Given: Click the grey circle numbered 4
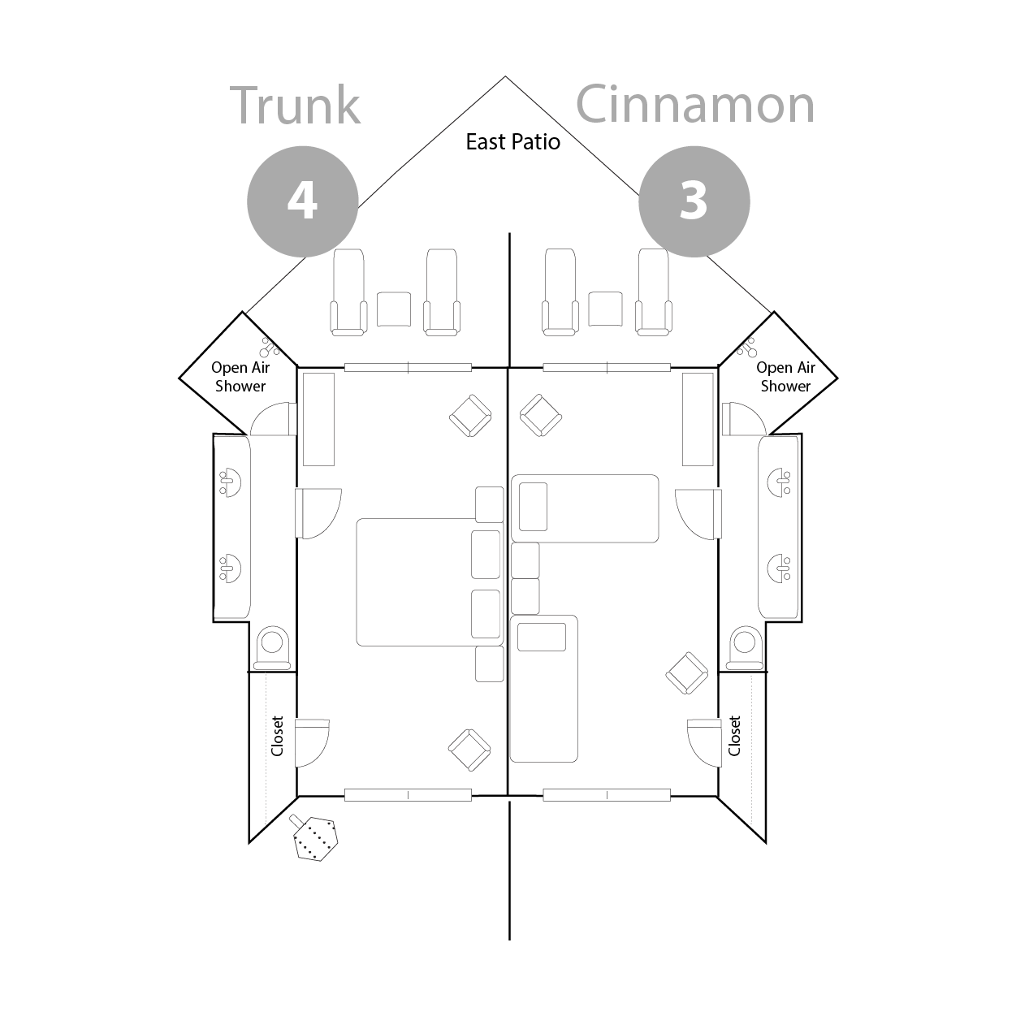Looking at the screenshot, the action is tap(303, 201).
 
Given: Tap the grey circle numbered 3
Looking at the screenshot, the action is tap(694, 201).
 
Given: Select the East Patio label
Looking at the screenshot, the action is tap(512, 142).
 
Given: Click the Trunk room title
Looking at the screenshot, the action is tap(296, 106).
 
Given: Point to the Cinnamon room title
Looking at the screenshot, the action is tap(695, 105).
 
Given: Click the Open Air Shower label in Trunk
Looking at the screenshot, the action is tap(240, 377).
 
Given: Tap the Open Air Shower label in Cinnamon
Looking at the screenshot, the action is tap(785, 377).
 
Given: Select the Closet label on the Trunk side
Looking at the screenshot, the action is tap(277, 736).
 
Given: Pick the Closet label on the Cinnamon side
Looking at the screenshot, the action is tap(734, 736).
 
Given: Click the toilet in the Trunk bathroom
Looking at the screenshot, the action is tap(272, 647).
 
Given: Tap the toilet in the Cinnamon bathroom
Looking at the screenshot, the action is tap(745, 647).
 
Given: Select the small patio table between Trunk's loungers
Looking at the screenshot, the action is tap(394, 309).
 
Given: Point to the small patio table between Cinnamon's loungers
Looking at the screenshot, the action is tap(605, 309).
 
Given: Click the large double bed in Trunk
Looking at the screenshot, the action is tap(430, 582).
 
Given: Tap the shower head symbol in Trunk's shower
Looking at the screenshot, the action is tap(270, 347).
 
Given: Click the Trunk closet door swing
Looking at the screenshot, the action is tap(312, 742).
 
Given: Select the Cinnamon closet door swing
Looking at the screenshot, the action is tap(704, 742).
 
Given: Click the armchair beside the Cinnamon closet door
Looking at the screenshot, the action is tap(687, 673).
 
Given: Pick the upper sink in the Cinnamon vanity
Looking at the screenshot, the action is tap(780, 482).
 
